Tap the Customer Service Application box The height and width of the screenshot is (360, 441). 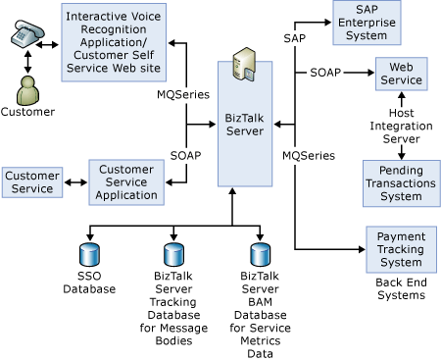(x=126, y=181)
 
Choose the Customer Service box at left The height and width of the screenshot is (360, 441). (x=32, y=181)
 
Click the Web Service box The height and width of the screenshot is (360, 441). (x=402, y=74)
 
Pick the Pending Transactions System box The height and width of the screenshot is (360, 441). (x=402, y=180)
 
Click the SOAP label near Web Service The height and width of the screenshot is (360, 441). (x=325, y=74)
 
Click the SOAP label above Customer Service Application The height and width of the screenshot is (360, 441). (x=185, y=156)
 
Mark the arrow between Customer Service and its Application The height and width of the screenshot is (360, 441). (x=74, y=181)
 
